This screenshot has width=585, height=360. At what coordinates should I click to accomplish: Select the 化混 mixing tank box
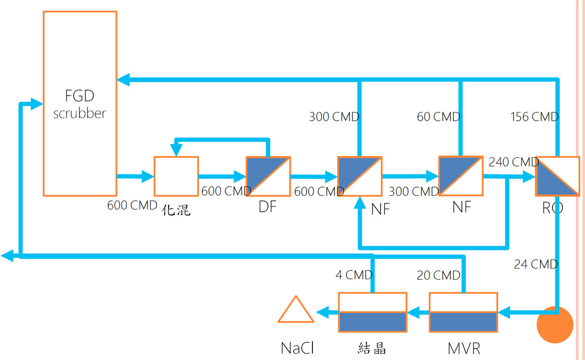pos(176,176)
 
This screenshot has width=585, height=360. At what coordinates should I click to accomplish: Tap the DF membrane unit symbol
pos(268,176)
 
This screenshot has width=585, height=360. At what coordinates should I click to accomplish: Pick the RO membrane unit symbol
pos(557,176)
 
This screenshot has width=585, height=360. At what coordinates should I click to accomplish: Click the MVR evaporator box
pos(463,312)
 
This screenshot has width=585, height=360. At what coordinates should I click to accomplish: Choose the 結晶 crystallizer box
pos(373,312)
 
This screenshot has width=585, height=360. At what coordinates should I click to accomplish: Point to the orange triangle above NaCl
pos(296,311)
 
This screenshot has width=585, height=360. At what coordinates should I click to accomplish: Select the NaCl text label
pos(297,348)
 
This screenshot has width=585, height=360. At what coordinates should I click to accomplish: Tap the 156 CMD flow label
pos(534,117)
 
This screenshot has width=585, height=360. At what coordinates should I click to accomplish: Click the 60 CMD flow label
pos(438,117)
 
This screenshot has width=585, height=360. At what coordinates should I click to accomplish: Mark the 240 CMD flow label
pos(513,162)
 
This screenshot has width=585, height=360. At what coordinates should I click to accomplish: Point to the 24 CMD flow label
pos(536,265)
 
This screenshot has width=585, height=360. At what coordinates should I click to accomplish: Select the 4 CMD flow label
pos(354,275)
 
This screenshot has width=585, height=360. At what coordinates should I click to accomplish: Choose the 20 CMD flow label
pos(438,276)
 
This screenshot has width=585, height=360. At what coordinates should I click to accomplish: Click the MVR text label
pos(464,348)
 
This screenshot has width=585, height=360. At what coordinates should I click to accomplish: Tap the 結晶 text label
pos(372,348)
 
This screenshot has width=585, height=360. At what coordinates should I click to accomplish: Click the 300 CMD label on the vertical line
pos(334,117)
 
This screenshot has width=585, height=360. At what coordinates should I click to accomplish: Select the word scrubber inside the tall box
pos(79,114)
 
